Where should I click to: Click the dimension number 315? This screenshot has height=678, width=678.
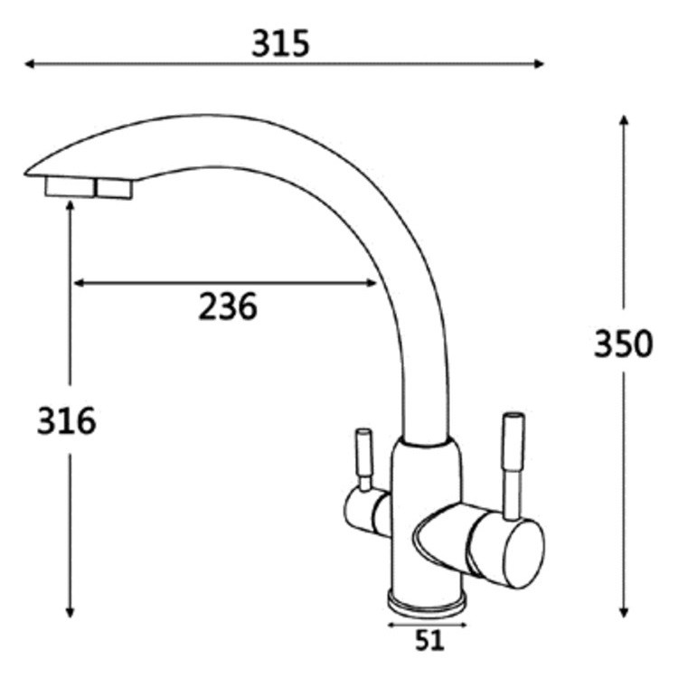tap(280, 43)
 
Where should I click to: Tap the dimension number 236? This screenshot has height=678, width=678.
tap(228, 306)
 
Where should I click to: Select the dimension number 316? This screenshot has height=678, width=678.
tap(66, 420)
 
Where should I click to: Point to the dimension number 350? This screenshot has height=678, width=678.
tap(623, 344)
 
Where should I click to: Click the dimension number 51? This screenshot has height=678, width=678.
tap(429, 640)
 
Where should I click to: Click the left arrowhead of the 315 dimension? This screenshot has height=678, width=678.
tap(30, 64)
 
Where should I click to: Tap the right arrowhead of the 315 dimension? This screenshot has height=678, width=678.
tap(539, 64)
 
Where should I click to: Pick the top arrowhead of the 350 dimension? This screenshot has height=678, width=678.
tap(623, 119)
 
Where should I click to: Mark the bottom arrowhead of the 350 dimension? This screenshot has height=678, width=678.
tap(623, 612)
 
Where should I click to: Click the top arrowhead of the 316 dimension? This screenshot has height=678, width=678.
tap(70, 206)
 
